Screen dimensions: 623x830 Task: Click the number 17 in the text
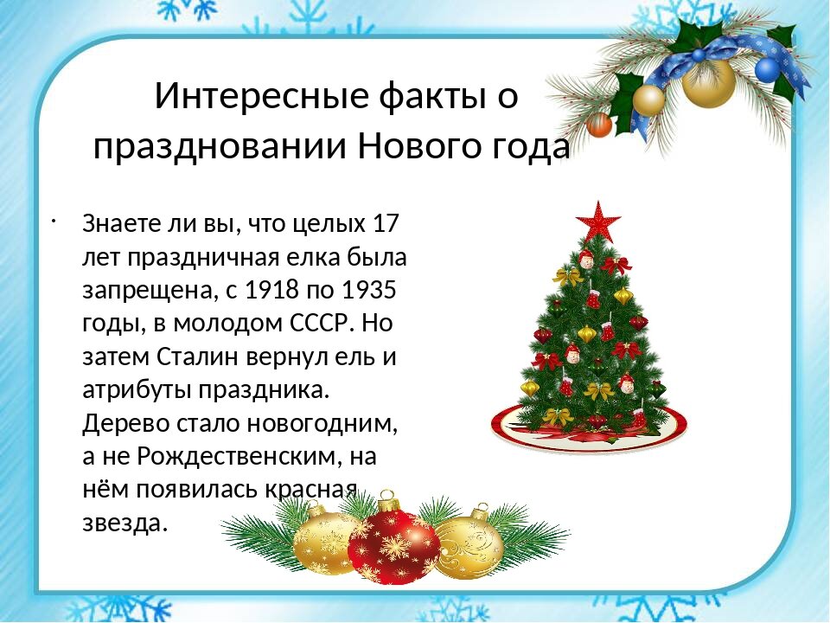coord(384,223)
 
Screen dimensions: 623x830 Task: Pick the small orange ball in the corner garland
coord(598,125)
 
